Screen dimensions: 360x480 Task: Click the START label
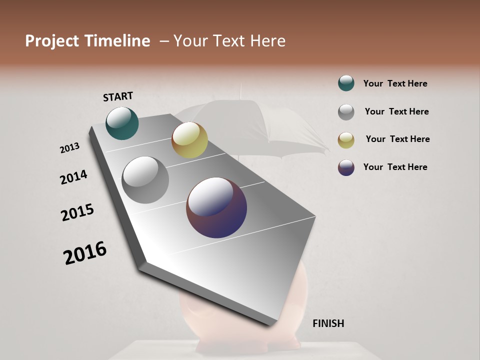(x=118, y=96)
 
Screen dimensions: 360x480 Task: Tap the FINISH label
(x=328, y=323)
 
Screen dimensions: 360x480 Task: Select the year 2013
(x=69, y=148)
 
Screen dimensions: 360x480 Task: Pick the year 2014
(x=73, y=177)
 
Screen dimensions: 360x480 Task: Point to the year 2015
(x=77, y=212)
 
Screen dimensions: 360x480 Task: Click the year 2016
(x=85, y=253)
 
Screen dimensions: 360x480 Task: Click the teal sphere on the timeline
(x=122, y=123)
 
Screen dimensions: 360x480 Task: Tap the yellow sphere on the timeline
(x=189, y=140)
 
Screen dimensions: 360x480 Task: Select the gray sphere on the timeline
(x=145, y=180)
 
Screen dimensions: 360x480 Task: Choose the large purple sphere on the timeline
(x=216, y=207)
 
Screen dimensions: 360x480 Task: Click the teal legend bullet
(x=346, y=83)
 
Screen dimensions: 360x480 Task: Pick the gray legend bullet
(x=346, y=111)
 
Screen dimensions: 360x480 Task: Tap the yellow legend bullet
(x=346, y=139)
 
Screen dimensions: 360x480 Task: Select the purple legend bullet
(x=346, y=167)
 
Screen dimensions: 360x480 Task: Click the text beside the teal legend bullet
(x=395, y=83)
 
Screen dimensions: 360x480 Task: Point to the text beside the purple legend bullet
(x=395, y=167)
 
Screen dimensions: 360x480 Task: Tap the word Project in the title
(x=51, y=41)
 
